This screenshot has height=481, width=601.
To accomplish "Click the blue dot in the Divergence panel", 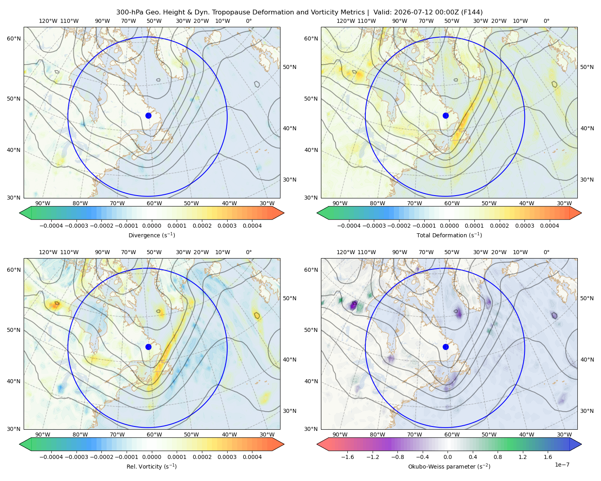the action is [x=148, y=116].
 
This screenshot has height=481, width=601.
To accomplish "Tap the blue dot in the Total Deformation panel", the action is [x=446, y=116].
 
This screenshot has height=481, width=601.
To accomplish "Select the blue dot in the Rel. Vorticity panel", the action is [x=148, y=347].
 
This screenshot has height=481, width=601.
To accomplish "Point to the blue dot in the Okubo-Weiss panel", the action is [x=446, y=347].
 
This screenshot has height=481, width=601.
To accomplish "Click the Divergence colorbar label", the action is [x=151, y=235].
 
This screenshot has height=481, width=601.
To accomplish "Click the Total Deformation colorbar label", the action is [x=449, y=235].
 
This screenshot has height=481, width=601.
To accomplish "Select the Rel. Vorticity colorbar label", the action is [x=151, y=467].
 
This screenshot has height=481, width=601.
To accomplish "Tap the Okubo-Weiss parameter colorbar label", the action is [x=449, y=467].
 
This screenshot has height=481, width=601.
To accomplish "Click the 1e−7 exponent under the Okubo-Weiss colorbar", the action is [x=562, y=465].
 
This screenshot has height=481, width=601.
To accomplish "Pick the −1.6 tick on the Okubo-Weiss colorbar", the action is [x=347, y=457].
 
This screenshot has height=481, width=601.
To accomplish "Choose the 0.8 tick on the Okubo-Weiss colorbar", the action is [x=498, y=457].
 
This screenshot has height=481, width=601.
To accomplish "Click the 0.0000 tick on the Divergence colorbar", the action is [x=151, y=226].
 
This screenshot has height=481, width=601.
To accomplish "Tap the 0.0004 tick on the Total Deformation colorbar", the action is [x=549, y=226].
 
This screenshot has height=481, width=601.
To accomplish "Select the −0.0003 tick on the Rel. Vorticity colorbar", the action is [x=76, y=457].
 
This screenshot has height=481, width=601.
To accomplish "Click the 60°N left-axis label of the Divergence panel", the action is [x=14, y=38].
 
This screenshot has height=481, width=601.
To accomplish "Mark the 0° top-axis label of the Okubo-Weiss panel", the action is [x=546, y=252].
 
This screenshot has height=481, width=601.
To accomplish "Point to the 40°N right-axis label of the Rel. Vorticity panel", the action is [x=290, y=360].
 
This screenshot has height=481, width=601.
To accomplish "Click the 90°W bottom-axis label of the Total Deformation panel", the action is [x=340, y=203].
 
